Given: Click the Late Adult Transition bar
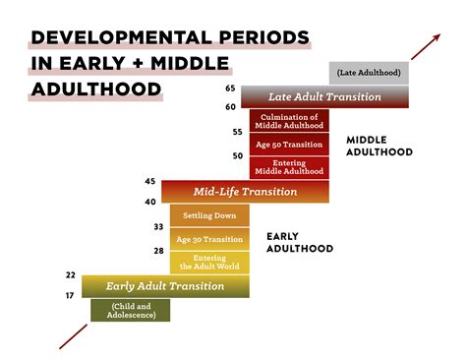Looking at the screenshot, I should click(x=325, y=96).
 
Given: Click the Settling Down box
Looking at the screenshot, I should click(x=209, y=215).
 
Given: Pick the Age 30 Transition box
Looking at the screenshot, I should click(x=209, y=239).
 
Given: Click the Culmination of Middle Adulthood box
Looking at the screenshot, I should click(x=289, y=120).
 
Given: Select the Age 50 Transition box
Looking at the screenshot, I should click(x=289, y=144).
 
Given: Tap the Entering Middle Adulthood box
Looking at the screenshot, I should click(x=289, y=167).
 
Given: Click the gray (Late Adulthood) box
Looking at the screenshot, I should click(x=369, y=73).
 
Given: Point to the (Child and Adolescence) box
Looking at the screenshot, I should click(x=130, y=310).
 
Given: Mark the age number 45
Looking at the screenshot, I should click(x=150, y=182).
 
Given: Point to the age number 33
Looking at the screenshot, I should click(x=157, y=227).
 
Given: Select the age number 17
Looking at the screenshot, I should click(x=71, y=296).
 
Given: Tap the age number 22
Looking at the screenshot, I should click(x=71, y=275).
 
